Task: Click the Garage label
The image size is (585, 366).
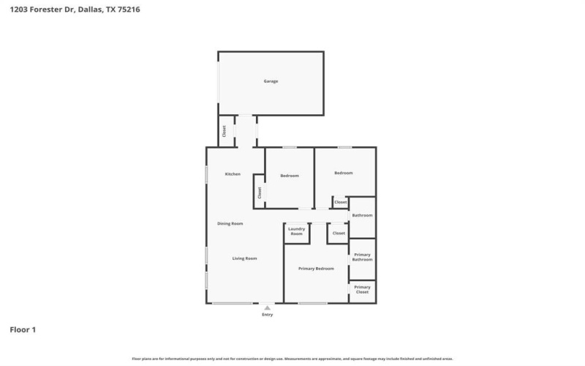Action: coord(271,81)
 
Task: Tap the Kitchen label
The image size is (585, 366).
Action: coord(233,173)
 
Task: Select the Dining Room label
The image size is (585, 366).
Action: coord(230,223)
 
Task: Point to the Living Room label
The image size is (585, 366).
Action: coord(244,258)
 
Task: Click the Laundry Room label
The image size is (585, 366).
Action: coord(296,231)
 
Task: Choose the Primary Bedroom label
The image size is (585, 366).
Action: coord(316,269)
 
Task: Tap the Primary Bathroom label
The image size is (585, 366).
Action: coord(363,257)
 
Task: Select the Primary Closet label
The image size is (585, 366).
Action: coord(363,290)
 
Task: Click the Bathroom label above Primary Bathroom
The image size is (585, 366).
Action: coord(362,215)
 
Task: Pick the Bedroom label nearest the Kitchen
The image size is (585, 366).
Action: coord(290,176)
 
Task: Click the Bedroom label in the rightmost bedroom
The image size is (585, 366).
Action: coord(344,173)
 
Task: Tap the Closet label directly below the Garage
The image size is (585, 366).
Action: coord(224,132)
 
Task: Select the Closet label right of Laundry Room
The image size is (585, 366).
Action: coord(339,233)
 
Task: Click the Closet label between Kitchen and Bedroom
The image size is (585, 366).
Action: coord(259,192)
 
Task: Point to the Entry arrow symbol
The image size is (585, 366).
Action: coord(267,308)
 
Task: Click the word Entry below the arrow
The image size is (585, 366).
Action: coord(267,315)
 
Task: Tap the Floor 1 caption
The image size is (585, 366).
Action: coord(23,330)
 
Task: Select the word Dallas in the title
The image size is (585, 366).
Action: coord(81,10)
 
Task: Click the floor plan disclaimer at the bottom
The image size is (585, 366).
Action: coord(292,359)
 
